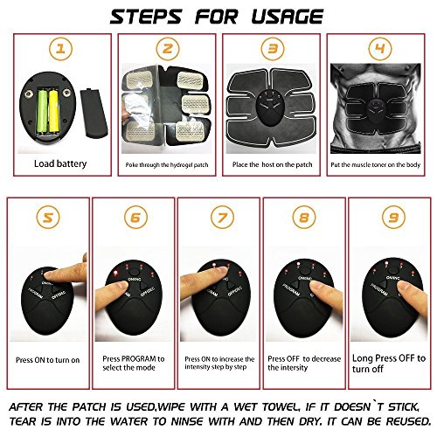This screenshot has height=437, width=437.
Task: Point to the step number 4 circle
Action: tap(378, 51)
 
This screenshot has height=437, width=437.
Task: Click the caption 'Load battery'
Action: tap(59, 163)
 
